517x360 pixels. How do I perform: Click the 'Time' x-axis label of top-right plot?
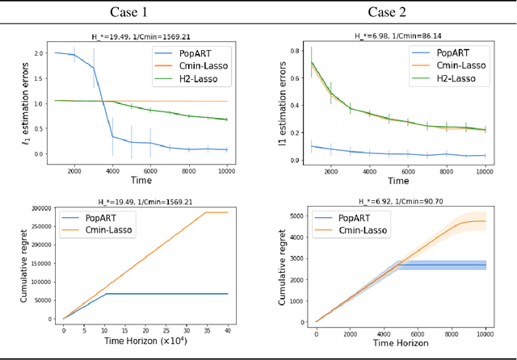(x=395, y=182)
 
